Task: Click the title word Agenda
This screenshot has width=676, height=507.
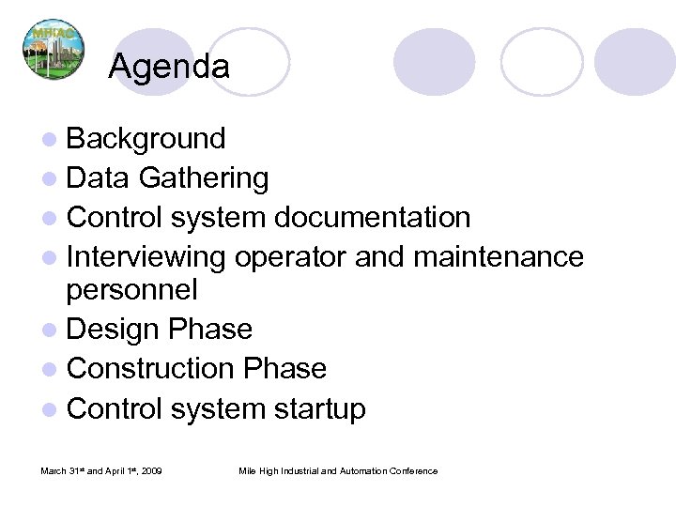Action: click(x=168, y=67)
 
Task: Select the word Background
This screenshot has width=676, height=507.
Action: click(x=146, y=139)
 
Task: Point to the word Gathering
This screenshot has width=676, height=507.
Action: click(x=205, y=177)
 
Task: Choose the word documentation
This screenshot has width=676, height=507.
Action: click(x=372, y=217)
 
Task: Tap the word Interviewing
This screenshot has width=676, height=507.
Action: click(x=146, y=255)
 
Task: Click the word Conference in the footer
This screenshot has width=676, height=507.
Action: click(x=414, y=470)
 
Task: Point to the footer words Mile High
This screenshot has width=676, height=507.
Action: click(x=258, y=470)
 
